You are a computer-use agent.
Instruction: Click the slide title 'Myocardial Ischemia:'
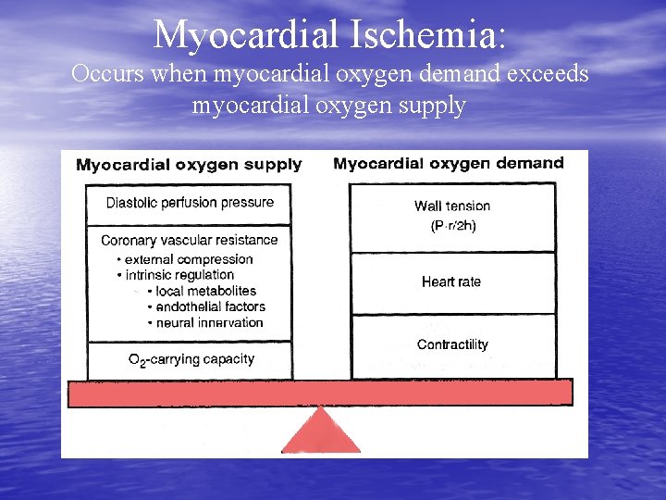point(330,34)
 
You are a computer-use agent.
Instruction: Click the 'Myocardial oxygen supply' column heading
point(189,165)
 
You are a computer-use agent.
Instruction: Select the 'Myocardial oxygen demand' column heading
point(448,164)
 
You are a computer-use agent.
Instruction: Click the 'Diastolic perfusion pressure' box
point(190,203)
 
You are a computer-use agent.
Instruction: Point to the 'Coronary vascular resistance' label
point(189,240)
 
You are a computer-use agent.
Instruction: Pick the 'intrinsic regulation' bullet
point(179,275)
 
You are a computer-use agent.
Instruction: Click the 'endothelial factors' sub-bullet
point(210,306)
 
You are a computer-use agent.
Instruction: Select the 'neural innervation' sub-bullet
point(209,322)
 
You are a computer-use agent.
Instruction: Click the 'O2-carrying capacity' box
point(191,359)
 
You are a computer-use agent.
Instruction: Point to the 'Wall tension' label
point(452,206)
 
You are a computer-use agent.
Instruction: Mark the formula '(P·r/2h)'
point(453,227)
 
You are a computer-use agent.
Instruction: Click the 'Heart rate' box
point(451,281)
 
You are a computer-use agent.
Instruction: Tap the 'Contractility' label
point(452,344)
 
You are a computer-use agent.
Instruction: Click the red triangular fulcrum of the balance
point(320,433)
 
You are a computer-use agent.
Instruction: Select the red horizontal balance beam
point(320,393)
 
